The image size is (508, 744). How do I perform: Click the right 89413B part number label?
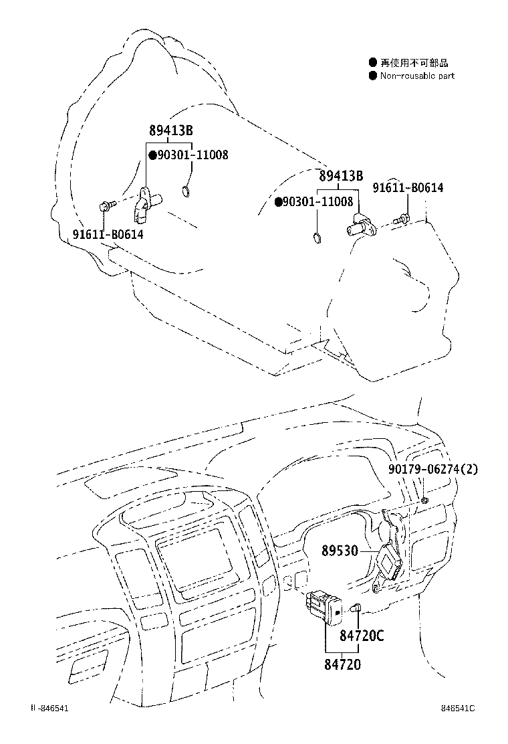coord(341,176)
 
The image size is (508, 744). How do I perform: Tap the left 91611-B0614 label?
coord(108,234)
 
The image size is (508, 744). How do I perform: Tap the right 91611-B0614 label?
coord(408,189)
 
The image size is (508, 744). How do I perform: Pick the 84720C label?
coord(362,636)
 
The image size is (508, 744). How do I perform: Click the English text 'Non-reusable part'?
coord(417,76)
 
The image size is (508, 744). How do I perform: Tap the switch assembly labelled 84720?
coord(324,605)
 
